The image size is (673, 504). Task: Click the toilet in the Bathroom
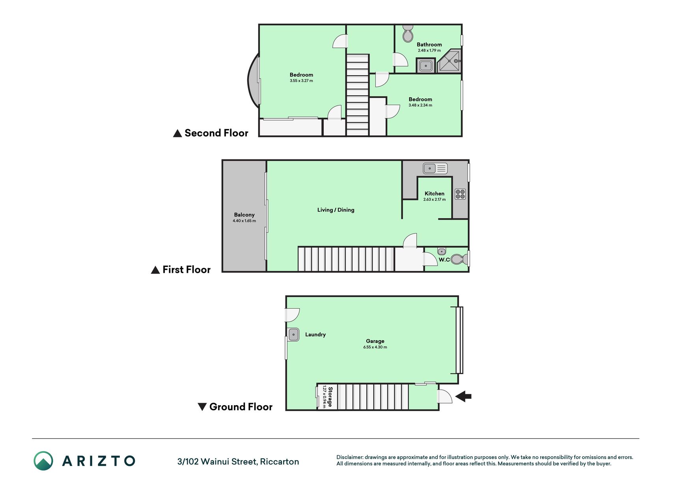click(x=408, y=33)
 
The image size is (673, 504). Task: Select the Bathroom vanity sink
click(x=426, y=65)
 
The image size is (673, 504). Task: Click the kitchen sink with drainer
click(x=435, y=169)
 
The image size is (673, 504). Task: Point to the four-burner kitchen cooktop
click(x=460, y=194)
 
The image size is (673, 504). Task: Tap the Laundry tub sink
click(x=293, y=335)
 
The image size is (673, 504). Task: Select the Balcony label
click(x=244, y=215)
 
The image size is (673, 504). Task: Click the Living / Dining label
click(x=336, y=210)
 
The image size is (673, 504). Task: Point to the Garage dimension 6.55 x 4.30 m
click(x=375, y=347)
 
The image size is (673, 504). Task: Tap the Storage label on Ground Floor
click(x=330, y=397)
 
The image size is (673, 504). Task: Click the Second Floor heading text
click(x=216, y=133)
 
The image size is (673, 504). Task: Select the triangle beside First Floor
click(x=155, y=270)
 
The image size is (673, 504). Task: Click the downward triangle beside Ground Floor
click(x=202, y=407)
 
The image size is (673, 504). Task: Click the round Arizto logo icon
click(x=43, y=461)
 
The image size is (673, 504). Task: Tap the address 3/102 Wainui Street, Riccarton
click(x=238, y=461)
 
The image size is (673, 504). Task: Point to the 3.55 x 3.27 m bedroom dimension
click(x=301, y=81)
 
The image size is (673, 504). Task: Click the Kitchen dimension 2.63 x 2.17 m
click(x=434, y=200)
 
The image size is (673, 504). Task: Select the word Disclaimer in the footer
click(x=350, y=457)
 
